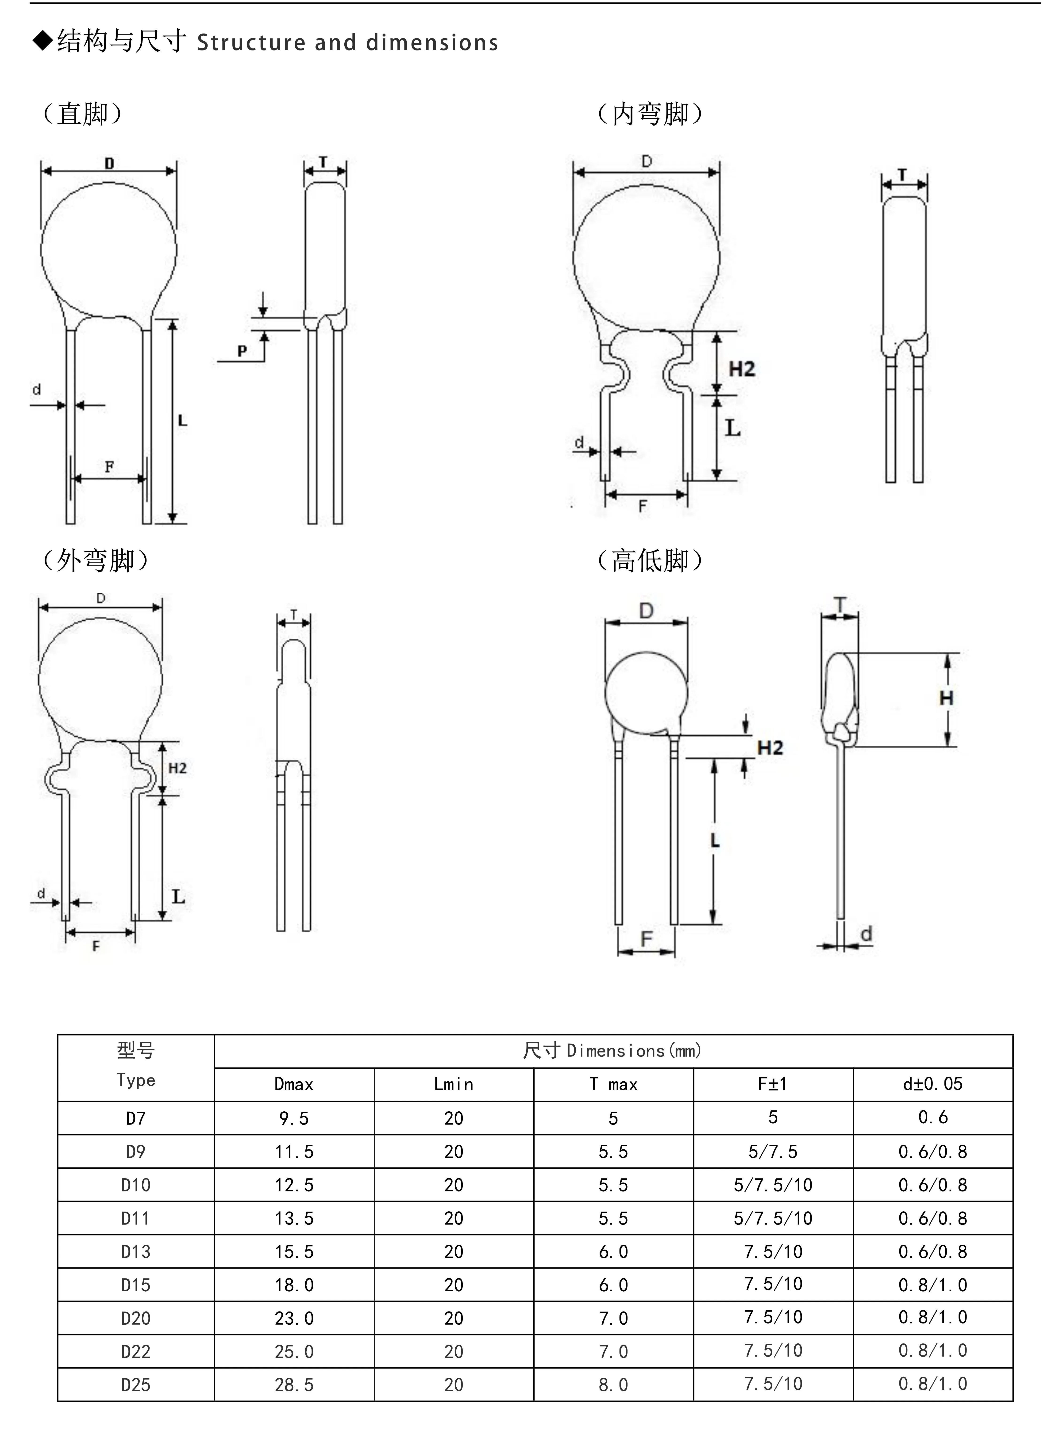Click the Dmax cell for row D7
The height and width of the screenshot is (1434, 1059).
click(x=294, y=1118)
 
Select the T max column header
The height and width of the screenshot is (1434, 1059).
click(x=613, y=1084)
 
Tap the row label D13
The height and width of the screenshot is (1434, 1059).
click(x=136, y=1251)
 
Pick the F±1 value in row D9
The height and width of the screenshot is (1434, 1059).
click(x=773, y=1152)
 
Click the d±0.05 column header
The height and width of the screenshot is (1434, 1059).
click(x=933, y=1084)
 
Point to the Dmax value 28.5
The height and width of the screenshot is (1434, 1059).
click(x=294, y=1385)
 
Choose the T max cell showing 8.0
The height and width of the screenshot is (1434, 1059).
click(x=613, y=1385)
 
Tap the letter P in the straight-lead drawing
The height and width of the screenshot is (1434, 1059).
click(x=242, y=351)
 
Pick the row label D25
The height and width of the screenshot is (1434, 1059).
click(x=136, y=1385)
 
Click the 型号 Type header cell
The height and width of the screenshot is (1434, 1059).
click(x=136, y=1068)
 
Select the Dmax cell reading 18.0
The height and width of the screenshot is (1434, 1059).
click(x=294, y=1285)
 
